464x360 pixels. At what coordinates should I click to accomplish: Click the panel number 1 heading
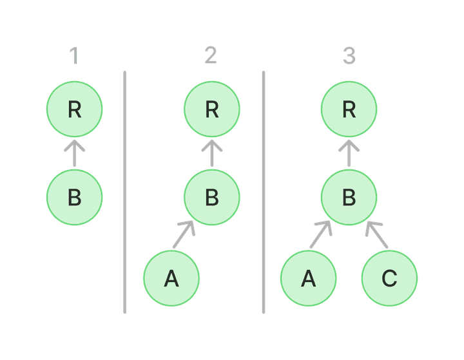pos(74,57)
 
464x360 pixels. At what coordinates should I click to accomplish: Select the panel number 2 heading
pos(211,57)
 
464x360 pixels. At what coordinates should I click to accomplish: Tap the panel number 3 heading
pos(349,57)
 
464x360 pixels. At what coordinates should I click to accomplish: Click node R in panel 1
pos(74,110)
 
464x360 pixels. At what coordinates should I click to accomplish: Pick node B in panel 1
pos(74,198)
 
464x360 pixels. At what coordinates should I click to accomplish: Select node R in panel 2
pos(211,110)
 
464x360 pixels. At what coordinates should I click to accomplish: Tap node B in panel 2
pos(211,198)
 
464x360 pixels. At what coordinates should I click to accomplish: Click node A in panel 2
pos(171,279)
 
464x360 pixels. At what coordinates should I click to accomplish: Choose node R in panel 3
pos(349,110)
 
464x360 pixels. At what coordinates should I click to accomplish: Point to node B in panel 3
pos(349,198)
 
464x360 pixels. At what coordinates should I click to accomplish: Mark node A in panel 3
pos(309,279)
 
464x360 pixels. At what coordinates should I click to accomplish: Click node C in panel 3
pos(389,279)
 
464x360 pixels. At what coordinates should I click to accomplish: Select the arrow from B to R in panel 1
pos(74,153)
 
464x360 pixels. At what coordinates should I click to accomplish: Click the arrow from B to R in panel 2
pos(211,153)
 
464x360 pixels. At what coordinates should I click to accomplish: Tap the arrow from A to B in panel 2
pos(184,234)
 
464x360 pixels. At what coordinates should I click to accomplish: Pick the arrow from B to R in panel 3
pos(349,153)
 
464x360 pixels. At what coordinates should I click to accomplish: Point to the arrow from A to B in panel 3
pos(321,234)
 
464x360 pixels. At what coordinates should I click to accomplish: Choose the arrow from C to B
pos(377,234)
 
